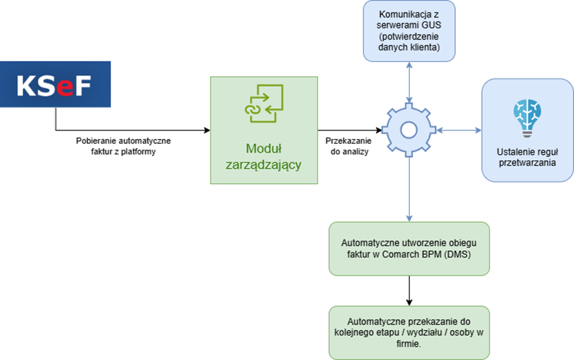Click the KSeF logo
point(55,84)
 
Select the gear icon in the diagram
point(408,129)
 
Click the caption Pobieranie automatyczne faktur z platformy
point(123,146)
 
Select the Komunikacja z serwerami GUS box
point(409,30)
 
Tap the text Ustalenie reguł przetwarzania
point(527,157)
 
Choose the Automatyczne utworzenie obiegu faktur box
point(409,248)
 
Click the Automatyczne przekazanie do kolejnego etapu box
point(409,331)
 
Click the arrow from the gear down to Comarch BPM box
point(409,188)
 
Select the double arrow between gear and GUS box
point(409,82)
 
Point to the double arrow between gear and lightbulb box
point(459,129)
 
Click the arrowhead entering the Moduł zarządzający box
point(207,129)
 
